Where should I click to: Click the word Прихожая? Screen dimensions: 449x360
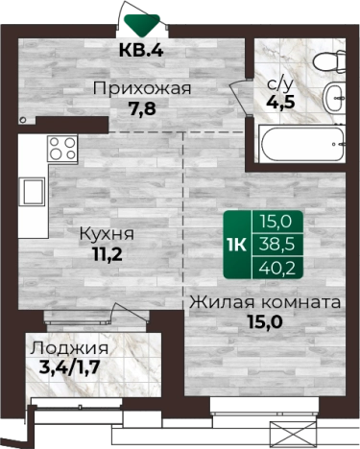click(x=141, y=89)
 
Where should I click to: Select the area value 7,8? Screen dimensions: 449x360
click(x=141, y=108)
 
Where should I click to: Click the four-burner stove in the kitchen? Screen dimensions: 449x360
click(x=62, y=149)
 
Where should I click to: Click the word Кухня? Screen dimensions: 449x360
click(x=107, y=234)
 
